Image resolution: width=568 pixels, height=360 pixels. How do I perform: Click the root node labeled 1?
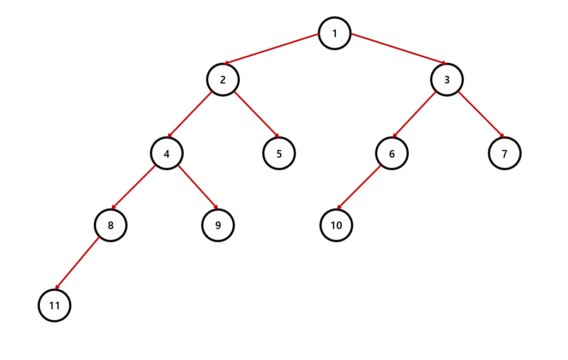click(334, 33)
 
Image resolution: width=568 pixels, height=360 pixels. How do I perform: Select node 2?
click(222, 80)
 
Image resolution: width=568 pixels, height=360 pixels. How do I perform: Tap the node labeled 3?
click(446, 80)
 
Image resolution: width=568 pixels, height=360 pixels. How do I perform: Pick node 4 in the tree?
click(166, 154)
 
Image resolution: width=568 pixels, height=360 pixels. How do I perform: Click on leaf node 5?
click(279, 153)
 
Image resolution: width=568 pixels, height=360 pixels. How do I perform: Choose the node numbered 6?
click(391, 153)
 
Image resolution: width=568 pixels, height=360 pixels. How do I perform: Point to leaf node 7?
click(504, 153)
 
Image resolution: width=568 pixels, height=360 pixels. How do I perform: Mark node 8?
click(110, 225)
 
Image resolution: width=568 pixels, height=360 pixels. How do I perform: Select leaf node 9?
click(217, 225)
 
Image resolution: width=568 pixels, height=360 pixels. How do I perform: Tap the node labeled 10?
click(336, 225)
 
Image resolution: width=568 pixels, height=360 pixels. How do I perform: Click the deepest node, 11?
click(54, 305)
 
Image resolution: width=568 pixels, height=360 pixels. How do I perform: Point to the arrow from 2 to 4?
click(190, 115)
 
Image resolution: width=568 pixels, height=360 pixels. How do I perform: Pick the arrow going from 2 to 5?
click(257, 115)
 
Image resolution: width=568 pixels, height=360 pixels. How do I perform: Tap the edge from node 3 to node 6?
click(414, 115)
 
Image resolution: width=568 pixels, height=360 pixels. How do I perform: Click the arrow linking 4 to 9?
click(198, 187)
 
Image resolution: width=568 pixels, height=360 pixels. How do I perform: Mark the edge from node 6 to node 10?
click(359, 187)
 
